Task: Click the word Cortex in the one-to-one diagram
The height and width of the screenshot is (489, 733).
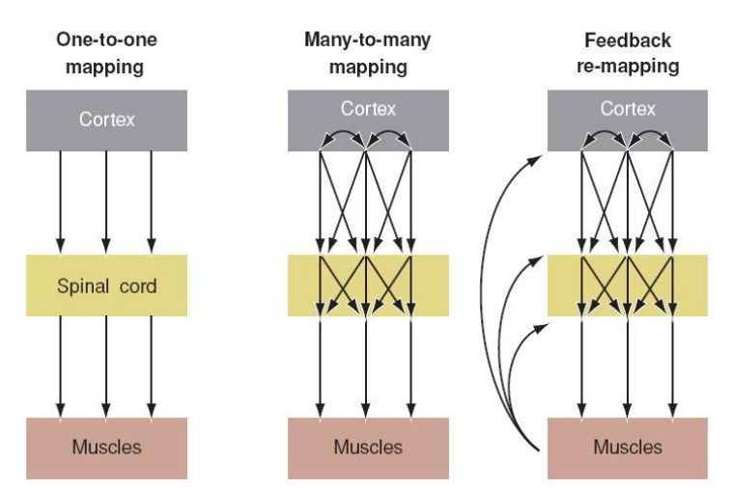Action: click(106, 120)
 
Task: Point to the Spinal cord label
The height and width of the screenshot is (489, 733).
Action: click(105, 285)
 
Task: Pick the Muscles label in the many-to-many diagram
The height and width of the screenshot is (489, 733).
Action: click(368, 448)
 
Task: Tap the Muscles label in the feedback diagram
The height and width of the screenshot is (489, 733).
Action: click(628, 448)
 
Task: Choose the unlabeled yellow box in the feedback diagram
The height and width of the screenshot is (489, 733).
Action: click(628, 285)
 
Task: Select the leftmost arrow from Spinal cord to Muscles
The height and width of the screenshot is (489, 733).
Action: click(61, 367)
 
